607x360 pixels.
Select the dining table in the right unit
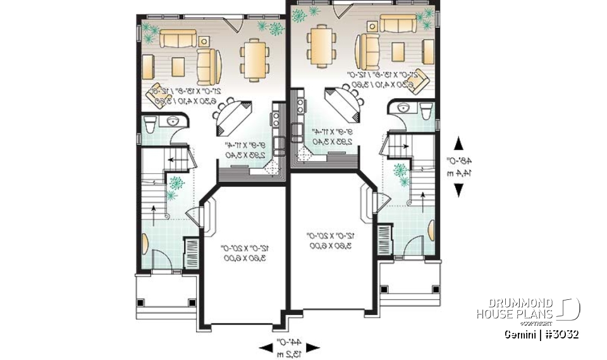[x=321, y=46]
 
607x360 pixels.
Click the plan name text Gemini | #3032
[x=542, y=333]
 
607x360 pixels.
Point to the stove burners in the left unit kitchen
[x=277, y=118]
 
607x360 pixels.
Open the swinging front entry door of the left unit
[x=158, y=259]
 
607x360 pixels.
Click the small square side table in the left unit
[x=204, y=41]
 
